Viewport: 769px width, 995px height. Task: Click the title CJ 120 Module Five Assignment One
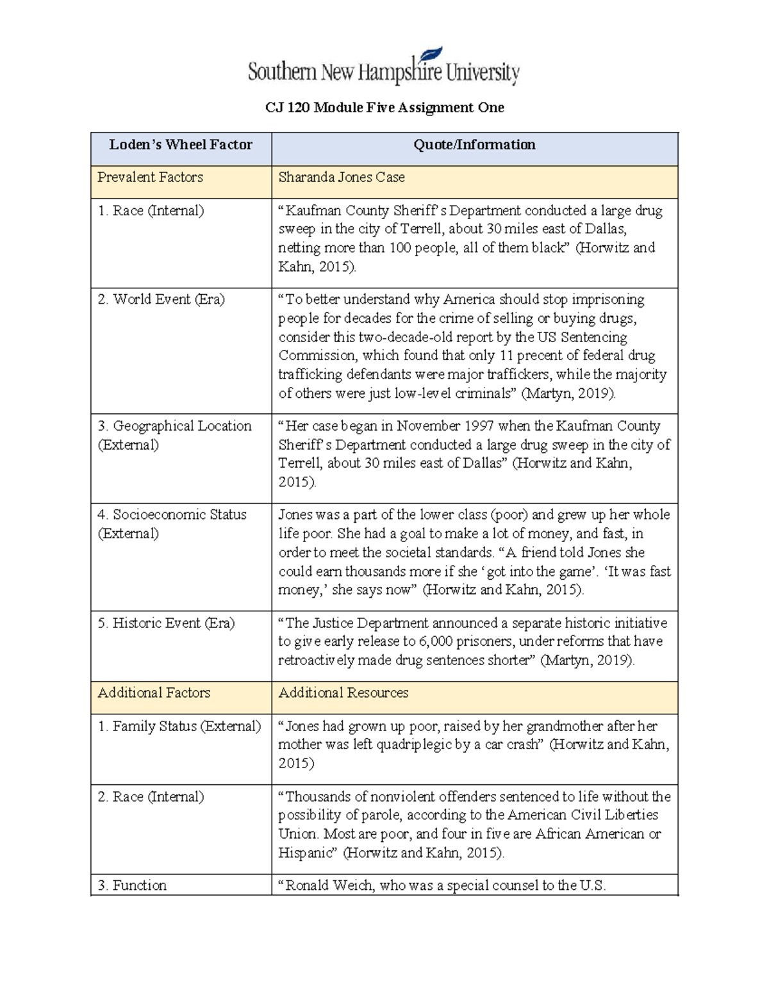384,108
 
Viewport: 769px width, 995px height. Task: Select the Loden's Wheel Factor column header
181,145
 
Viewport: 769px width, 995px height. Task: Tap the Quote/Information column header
474,145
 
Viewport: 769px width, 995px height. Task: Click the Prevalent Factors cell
150,177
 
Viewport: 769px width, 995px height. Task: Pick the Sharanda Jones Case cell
342,177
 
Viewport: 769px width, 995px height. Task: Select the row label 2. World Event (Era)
161,299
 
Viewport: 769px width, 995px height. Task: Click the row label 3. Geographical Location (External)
174,435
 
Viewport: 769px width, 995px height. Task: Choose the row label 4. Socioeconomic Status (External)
172,523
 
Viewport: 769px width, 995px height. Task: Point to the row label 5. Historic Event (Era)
166,623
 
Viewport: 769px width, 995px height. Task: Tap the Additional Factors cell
154,693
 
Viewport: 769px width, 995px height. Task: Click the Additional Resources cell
343,693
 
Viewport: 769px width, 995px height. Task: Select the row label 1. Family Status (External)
179,726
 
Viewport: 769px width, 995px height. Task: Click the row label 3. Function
132,885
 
